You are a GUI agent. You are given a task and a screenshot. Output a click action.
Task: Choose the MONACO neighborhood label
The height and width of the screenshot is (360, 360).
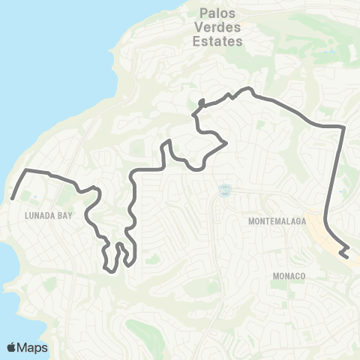coord(287,276)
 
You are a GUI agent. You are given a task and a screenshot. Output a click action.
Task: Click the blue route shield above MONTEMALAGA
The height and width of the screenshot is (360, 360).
coord(223,192)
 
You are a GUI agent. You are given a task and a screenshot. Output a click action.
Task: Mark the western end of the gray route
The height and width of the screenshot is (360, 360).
coord(13,199)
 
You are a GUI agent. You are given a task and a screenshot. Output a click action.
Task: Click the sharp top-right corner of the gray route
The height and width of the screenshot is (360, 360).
coord(343,128)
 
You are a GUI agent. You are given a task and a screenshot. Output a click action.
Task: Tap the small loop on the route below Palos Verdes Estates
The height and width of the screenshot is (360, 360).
coord(201,103)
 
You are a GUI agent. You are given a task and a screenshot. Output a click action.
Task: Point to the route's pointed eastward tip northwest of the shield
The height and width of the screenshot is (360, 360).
coord(226,142)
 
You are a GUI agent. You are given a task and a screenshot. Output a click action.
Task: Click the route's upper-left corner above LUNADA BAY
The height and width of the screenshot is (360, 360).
coord(28,171)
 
